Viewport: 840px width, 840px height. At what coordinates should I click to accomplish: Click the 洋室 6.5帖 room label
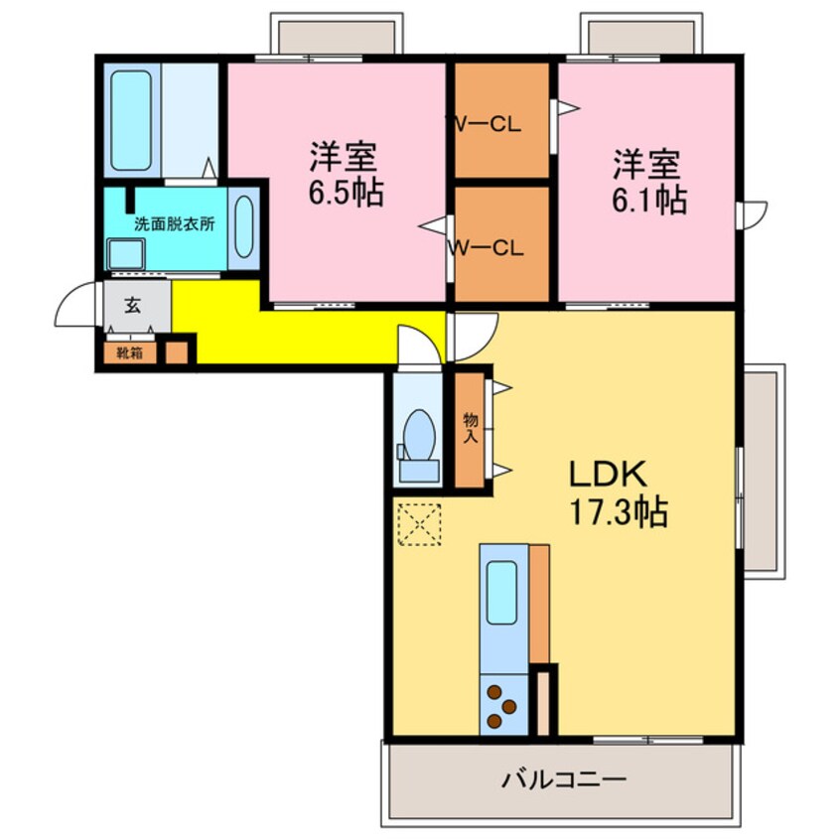(x=346, y=174)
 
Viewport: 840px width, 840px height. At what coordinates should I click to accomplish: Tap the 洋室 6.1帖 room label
(x=649, y=182)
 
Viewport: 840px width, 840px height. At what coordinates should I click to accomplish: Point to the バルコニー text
(x=564, y=778)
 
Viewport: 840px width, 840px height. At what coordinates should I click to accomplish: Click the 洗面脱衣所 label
(x=175, y=224)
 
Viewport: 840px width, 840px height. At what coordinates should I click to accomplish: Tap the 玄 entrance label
(x=133, y=306)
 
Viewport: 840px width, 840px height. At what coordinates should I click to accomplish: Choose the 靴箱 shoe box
(x=130, y=353)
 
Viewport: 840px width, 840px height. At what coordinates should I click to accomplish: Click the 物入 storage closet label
(x=471, y=428)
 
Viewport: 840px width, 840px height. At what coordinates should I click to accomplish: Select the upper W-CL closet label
(x=488, y=124)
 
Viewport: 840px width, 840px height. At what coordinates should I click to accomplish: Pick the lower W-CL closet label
(x=488, y=248)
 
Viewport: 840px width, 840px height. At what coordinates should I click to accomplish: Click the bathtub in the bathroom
(x=131, y=120)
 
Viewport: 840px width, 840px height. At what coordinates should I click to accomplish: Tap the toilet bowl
(x=419, y=435)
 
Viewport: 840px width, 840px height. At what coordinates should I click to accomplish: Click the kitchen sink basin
(x=502, y=593)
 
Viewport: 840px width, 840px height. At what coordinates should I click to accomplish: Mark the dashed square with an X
(x=419, y=524)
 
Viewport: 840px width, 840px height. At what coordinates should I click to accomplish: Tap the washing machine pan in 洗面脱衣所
(x=126, y=254)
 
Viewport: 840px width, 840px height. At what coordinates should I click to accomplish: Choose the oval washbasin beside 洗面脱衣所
(x=244, y=226)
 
